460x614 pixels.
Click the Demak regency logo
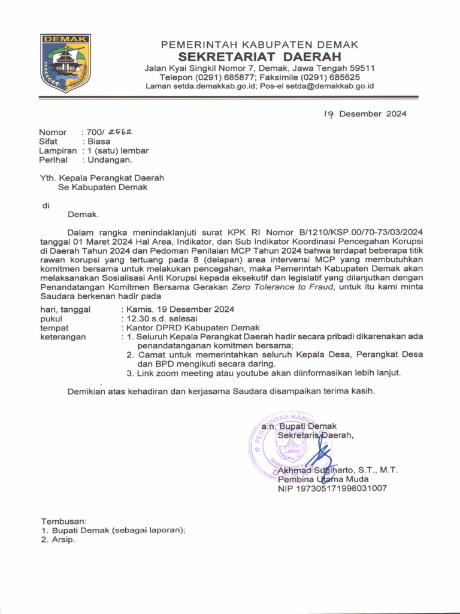(x=65, y=63)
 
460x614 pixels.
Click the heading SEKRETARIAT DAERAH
(x=260, y=57)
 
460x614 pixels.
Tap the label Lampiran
(x=58, y=151)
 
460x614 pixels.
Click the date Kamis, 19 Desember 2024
(x=180, y=309)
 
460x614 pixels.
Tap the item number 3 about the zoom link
(x=129, y=373)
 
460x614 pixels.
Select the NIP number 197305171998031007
(x=332, y=489)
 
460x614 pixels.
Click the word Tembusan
(x=63, y=520)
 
